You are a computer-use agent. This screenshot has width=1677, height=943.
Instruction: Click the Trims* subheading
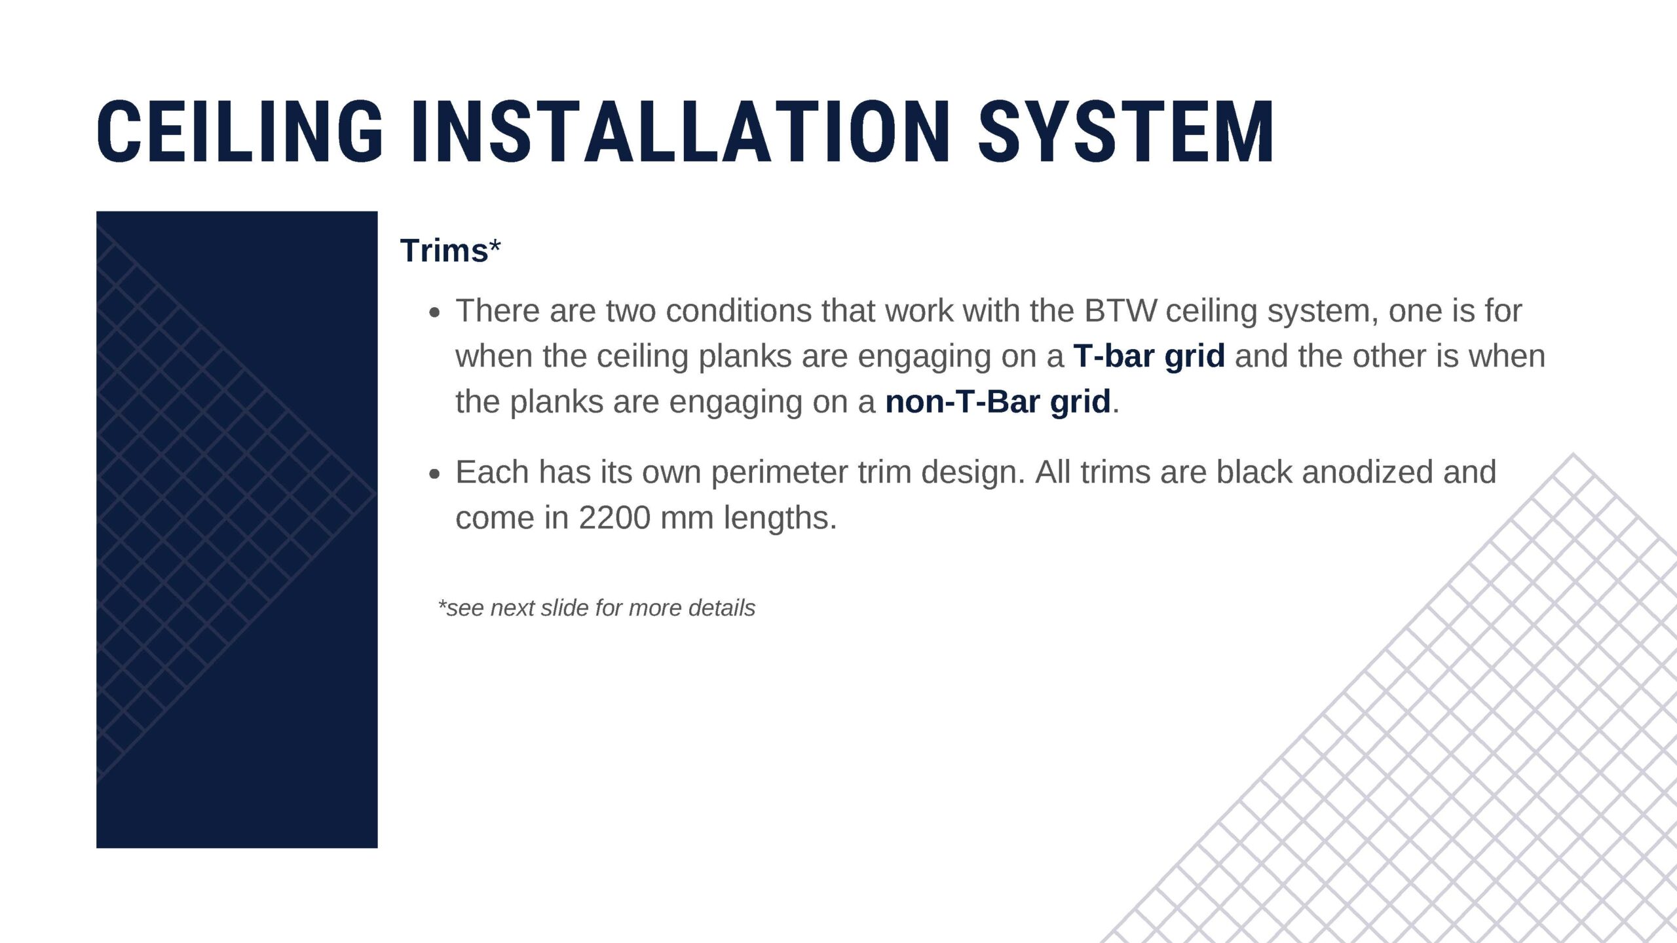[x=451, y=250]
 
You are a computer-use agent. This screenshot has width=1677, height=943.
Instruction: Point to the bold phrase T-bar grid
[x=1149, y=356]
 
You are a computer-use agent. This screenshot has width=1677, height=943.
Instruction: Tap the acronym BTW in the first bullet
[x=1120, y=310]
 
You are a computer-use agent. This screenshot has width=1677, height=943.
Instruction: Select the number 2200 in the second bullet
[x=614, y=518]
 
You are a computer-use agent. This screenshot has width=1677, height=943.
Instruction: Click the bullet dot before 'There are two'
[x=434, y=313]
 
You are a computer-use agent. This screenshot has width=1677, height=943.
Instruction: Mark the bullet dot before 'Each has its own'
[x=434, y=474]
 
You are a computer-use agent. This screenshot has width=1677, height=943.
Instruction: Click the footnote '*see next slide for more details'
[x=597, y=608]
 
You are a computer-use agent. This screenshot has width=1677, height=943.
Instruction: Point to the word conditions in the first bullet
[x=739, y=310]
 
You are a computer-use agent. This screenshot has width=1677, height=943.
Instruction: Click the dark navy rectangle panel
[x=237, y=529]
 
